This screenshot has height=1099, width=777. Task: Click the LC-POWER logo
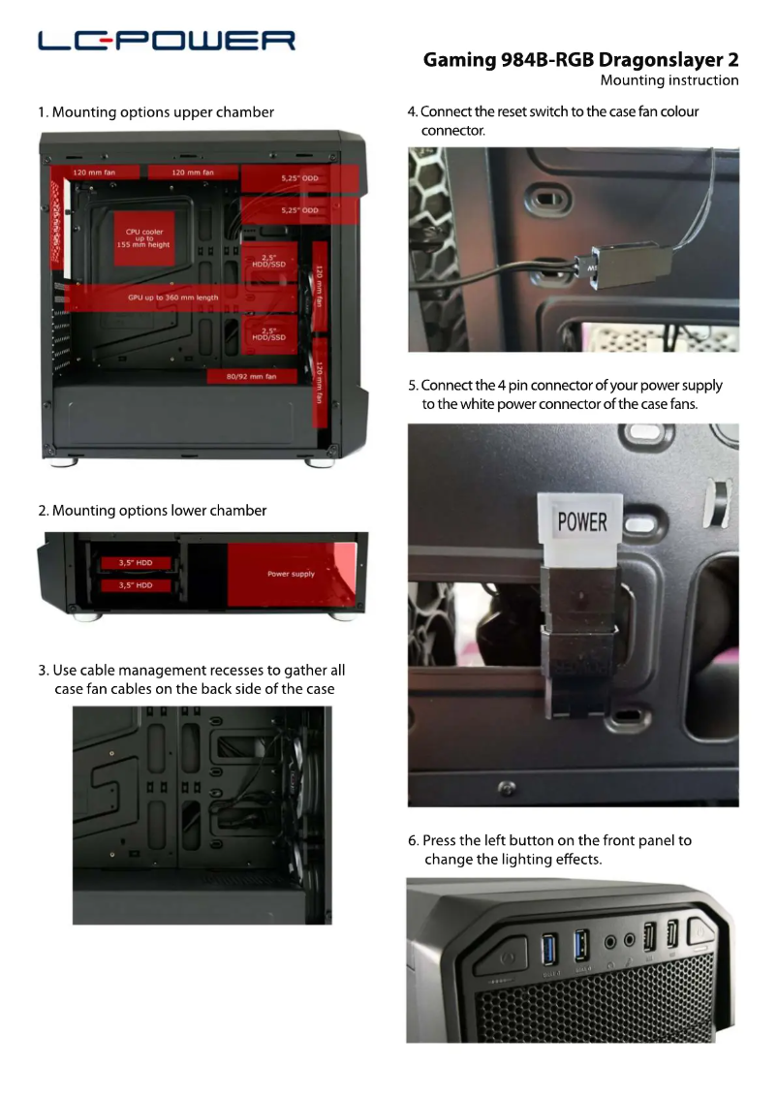coord(167,41)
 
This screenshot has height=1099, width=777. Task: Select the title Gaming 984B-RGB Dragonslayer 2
coord(580,60)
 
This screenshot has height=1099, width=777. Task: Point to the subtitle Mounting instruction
coord(668,80)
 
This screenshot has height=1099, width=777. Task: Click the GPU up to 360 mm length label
coord(172,298)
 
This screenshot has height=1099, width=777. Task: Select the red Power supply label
coord(291,574)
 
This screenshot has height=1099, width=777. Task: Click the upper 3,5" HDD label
coord(136,563)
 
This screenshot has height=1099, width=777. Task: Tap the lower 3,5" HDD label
coord(136,585)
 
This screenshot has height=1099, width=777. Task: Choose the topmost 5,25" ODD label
coord(299,178)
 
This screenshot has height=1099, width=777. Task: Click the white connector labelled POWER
coord(582,524)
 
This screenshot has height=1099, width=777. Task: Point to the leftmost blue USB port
coord(548,946)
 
